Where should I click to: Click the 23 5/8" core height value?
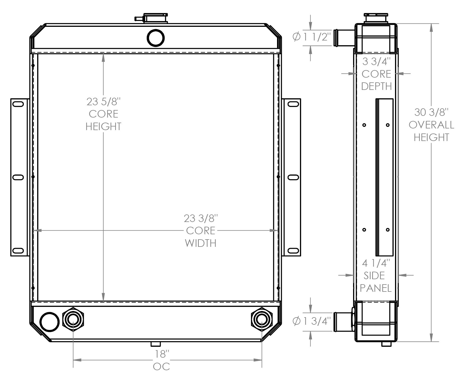(103, 102)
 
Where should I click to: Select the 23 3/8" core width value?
(200, 218)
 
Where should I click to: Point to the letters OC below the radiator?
(161, 367)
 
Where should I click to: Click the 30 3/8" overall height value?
(431, 112)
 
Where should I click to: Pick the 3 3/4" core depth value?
(376, 61)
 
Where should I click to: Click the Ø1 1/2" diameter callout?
(312, 37)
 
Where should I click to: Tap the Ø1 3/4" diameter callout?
(312, 321)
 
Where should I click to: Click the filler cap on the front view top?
(155, 18)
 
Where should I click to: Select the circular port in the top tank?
(155, 38)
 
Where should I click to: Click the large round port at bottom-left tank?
(49, 322)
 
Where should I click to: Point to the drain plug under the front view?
(155, 344)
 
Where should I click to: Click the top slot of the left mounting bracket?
(18, 104)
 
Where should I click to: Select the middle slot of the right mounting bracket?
(293, 177)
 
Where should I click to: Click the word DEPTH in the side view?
(376, 86)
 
